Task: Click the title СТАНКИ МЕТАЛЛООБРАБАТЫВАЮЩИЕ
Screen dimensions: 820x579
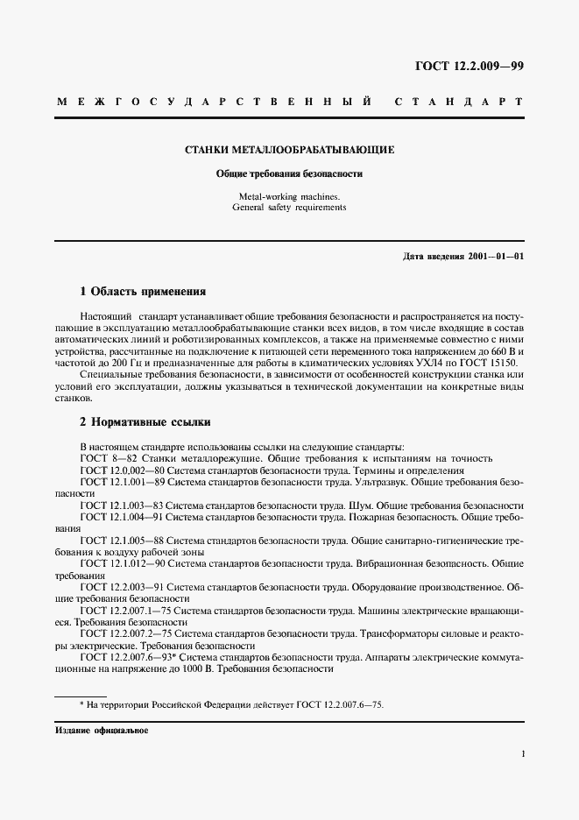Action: tap(289, 151)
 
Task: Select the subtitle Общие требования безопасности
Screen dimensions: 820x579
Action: tap(289, 174)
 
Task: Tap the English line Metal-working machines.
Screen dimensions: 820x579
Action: tap(289, 196)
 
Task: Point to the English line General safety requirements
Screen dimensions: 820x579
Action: tap(289, 209)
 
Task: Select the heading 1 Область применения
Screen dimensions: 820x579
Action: tap(142, 290)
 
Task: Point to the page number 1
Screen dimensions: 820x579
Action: tap(521, 753)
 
